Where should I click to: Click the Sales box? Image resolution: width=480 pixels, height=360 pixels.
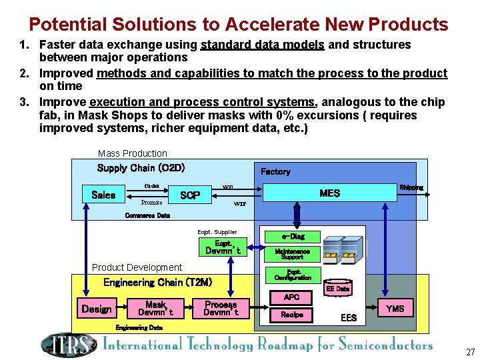[x=103, y=195]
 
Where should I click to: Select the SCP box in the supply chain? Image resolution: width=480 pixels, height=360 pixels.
[x=190, y=195]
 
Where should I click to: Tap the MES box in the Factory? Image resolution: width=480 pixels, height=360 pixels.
[x=329, y=193]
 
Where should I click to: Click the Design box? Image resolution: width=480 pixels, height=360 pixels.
[x=97, y=309]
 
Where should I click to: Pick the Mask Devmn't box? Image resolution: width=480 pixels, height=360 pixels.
[x=155, y=308]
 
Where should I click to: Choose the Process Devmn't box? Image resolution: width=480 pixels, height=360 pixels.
[x=220, y=308]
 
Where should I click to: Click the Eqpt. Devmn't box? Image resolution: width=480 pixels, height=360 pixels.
[x=223, y=247]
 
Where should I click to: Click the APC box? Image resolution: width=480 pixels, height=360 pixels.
[x=292, y=297]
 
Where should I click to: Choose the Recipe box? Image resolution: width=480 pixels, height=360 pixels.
[x=292, y=315]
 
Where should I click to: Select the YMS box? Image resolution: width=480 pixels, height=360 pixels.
[x=395, y=308]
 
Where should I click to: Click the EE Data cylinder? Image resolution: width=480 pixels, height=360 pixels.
[x=337, y=289]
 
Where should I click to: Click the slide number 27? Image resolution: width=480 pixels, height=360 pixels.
[x=471, y=352]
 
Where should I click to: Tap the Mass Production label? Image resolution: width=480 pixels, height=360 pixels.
[x=133, y=153]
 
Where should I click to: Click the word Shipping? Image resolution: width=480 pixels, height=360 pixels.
[x=411, y=187]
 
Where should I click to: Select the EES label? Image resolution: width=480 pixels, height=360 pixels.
[x=349, y=318]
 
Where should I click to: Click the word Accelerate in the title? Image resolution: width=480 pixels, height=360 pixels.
[x=272, y=25]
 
